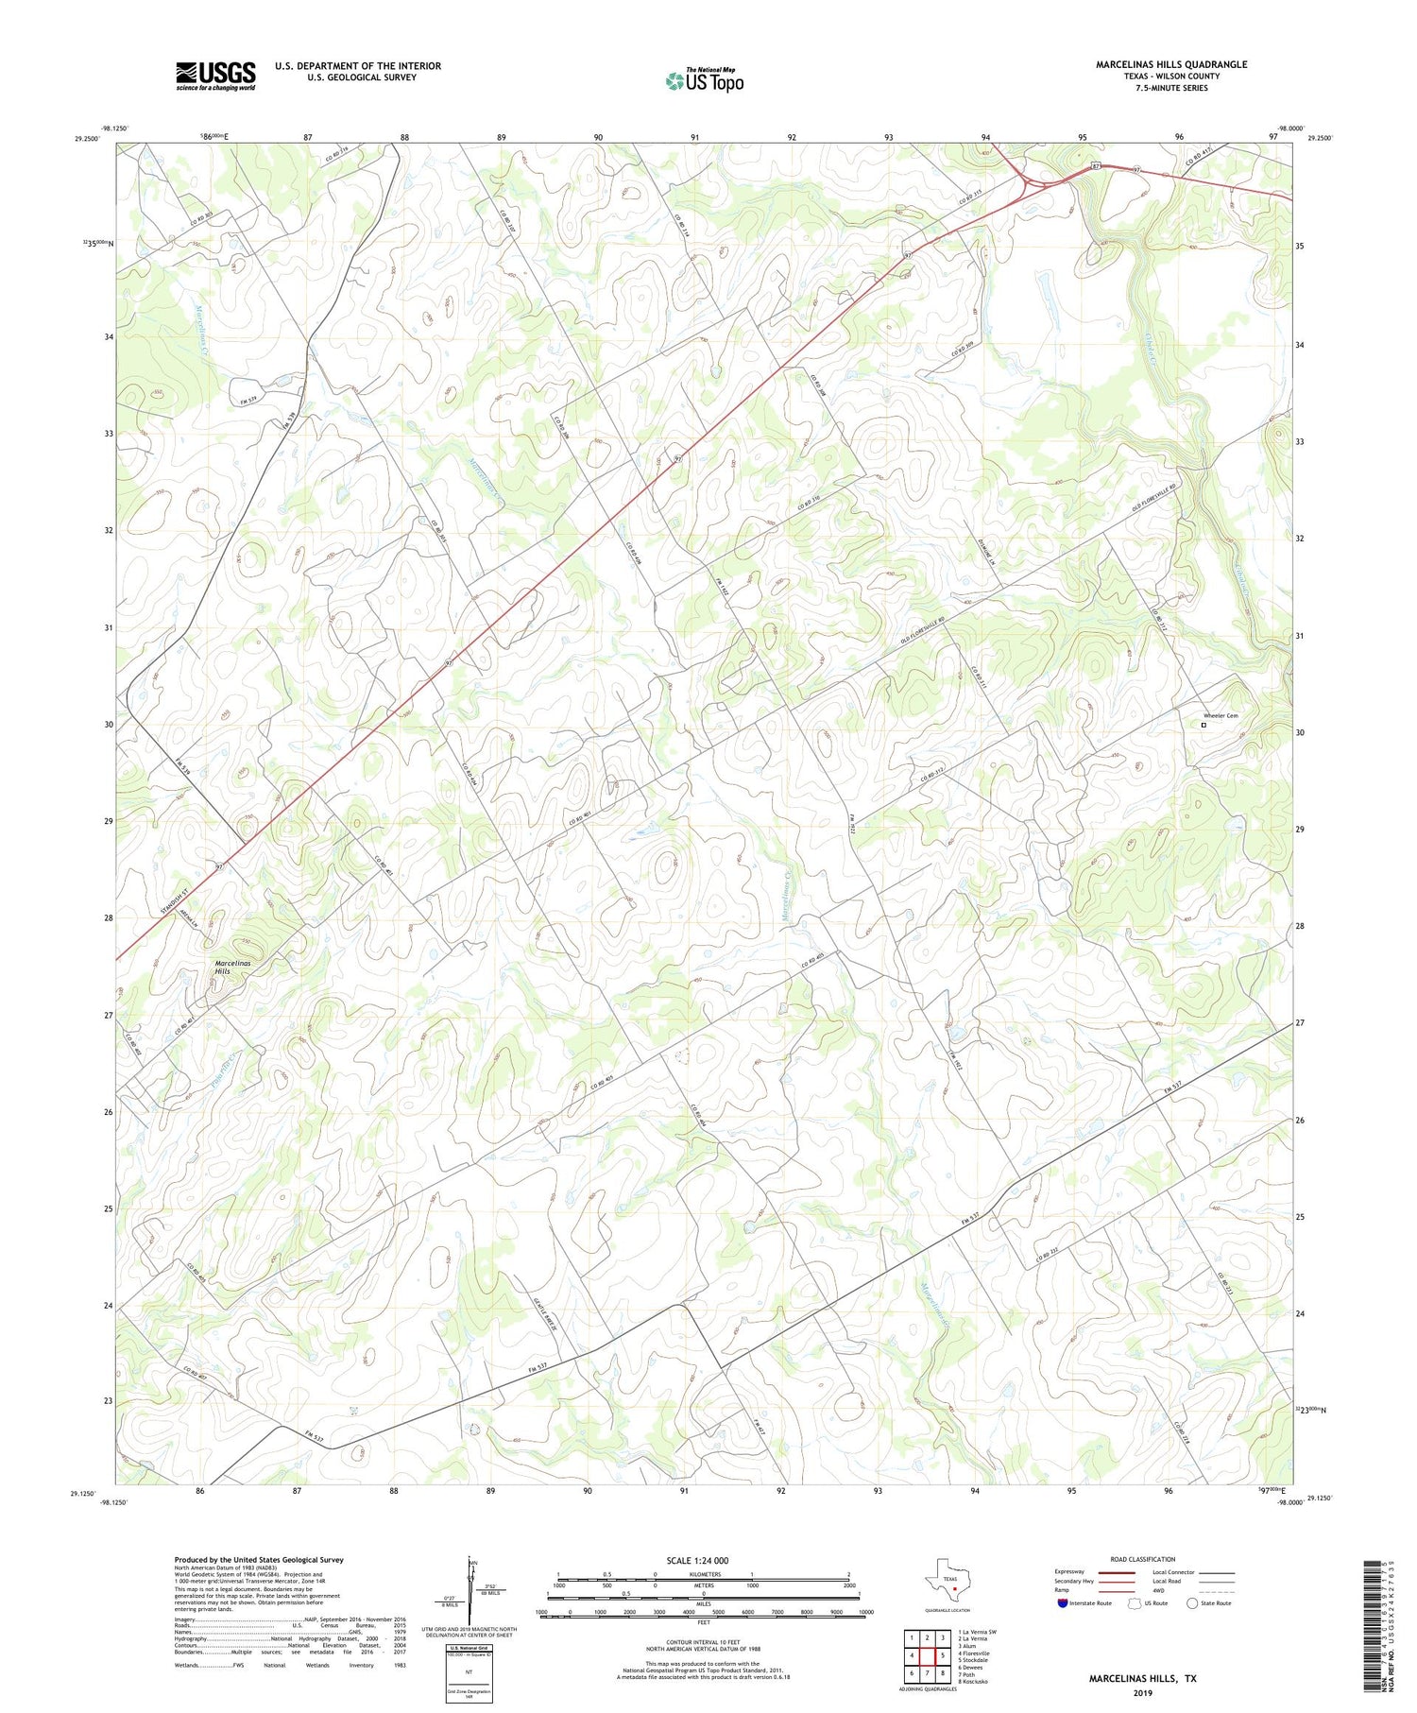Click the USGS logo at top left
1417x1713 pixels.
coord(215,76)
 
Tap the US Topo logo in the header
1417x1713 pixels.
coord(704,81)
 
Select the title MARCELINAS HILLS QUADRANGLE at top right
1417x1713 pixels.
coord(1170,64)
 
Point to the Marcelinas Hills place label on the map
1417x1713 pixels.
coord(223,967)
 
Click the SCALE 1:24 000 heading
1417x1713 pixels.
coord(697,1560)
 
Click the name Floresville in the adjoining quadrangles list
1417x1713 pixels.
coord(976,1653)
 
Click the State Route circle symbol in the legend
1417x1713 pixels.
coord(1192,1603)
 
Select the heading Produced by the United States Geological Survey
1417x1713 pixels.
coord(258,1560)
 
